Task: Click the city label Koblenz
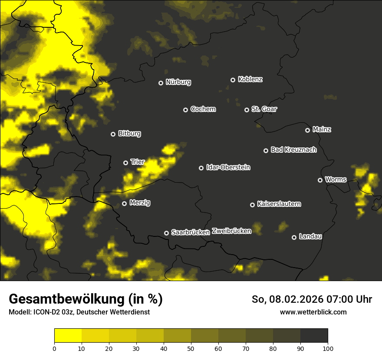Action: (250, 79)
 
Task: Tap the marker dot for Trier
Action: (126, 163)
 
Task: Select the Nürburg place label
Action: (178, 82)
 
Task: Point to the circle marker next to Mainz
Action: (308, 130)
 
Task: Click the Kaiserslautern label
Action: (279, 204)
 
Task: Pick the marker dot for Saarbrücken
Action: (166, 233)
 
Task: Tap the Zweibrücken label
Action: (232, 231)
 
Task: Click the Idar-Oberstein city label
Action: (228, 167)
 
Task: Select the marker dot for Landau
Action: (294, 237)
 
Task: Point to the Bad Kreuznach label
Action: (293, 150)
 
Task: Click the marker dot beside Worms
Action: (320, 180)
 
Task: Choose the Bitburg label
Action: (129, 134)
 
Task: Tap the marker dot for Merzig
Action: (125, 203)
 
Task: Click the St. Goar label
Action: (264, 109)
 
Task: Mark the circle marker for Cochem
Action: (186, 110)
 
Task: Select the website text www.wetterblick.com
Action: (313, 312)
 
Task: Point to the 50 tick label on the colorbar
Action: (191, 348)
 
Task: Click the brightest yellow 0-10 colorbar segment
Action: (68, 336)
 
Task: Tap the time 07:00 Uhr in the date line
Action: (346, 299)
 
